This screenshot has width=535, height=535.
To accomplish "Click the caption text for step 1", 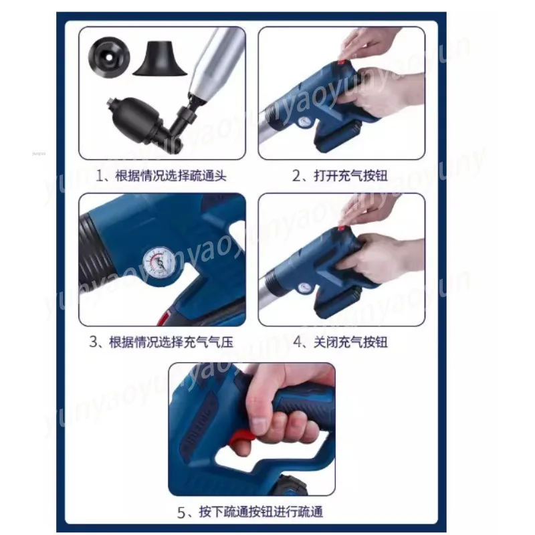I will pos(162,176).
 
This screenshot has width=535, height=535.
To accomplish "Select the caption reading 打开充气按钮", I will pos(341,176).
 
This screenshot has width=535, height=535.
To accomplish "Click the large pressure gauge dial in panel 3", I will pos(156,261).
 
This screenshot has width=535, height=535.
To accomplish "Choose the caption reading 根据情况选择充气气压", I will pos(162,342).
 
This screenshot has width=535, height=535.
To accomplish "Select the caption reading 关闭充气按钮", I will pos(341,342).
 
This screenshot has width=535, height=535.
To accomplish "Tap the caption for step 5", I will pos(251,512).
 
